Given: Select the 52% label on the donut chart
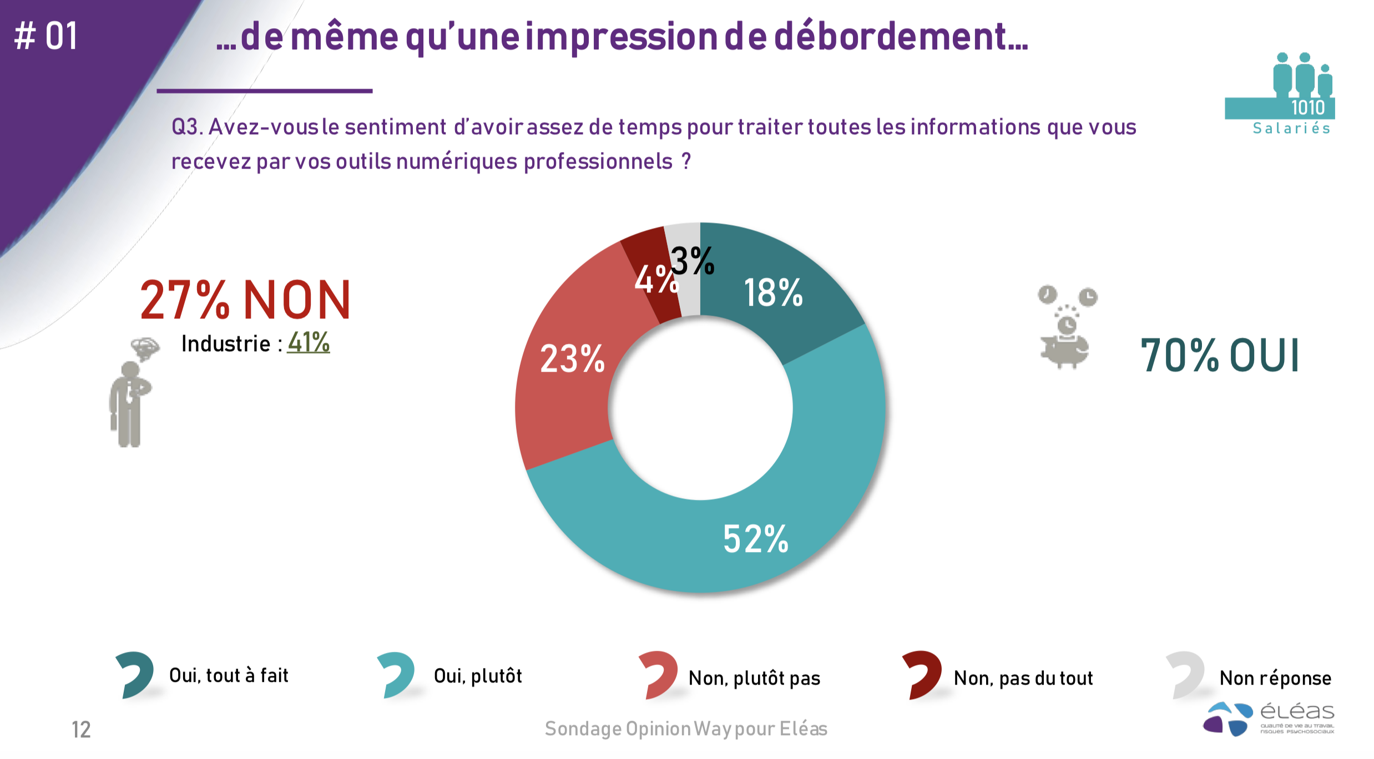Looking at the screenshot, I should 755,539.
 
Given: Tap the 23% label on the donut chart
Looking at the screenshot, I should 572,358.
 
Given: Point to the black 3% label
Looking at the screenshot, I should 692,260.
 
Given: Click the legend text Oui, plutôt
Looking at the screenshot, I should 478,676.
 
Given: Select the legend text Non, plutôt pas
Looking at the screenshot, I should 754,678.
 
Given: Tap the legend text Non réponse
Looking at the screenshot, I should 1275,678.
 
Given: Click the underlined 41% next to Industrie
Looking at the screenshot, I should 309,342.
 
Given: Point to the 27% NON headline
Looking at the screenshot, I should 245,300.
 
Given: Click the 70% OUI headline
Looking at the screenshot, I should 1220,355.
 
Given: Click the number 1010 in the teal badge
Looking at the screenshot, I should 1307,108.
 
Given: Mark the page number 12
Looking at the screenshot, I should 81,730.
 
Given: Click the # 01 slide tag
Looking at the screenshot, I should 46,37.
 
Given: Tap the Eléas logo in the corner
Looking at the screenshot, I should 1269,718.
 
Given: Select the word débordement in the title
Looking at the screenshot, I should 900,37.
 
